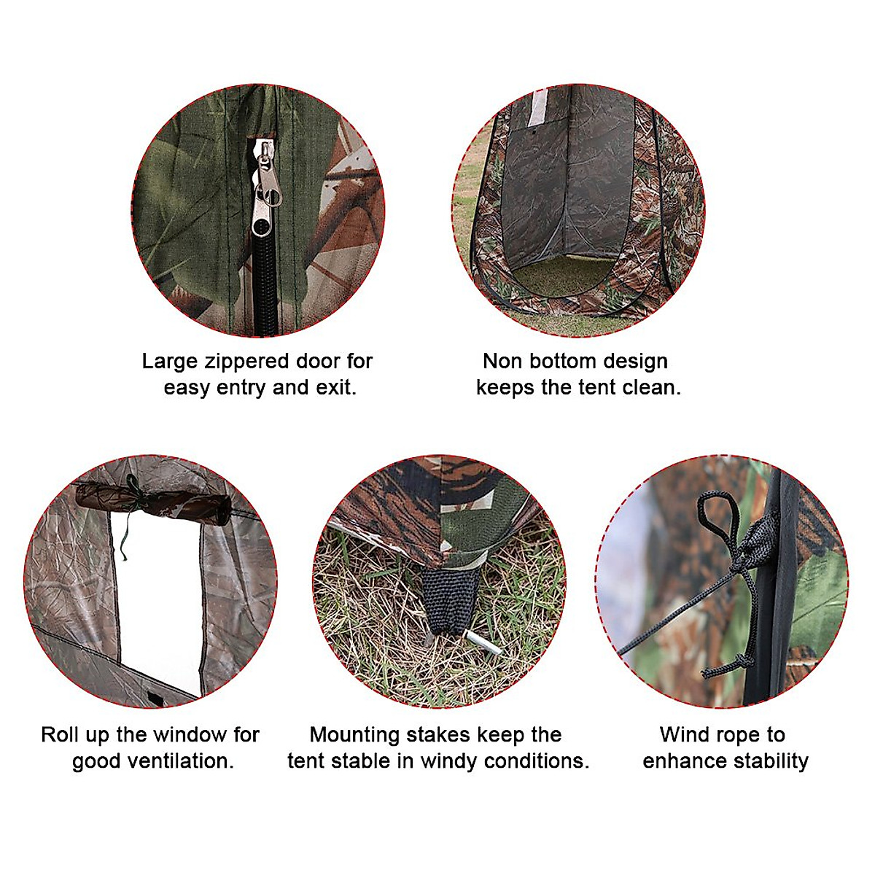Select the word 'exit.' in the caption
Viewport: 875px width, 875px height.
coord(335,387)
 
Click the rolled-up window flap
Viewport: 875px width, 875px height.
coord(153,502)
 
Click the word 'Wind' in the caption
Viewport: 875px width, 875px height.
coord(685,735)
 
